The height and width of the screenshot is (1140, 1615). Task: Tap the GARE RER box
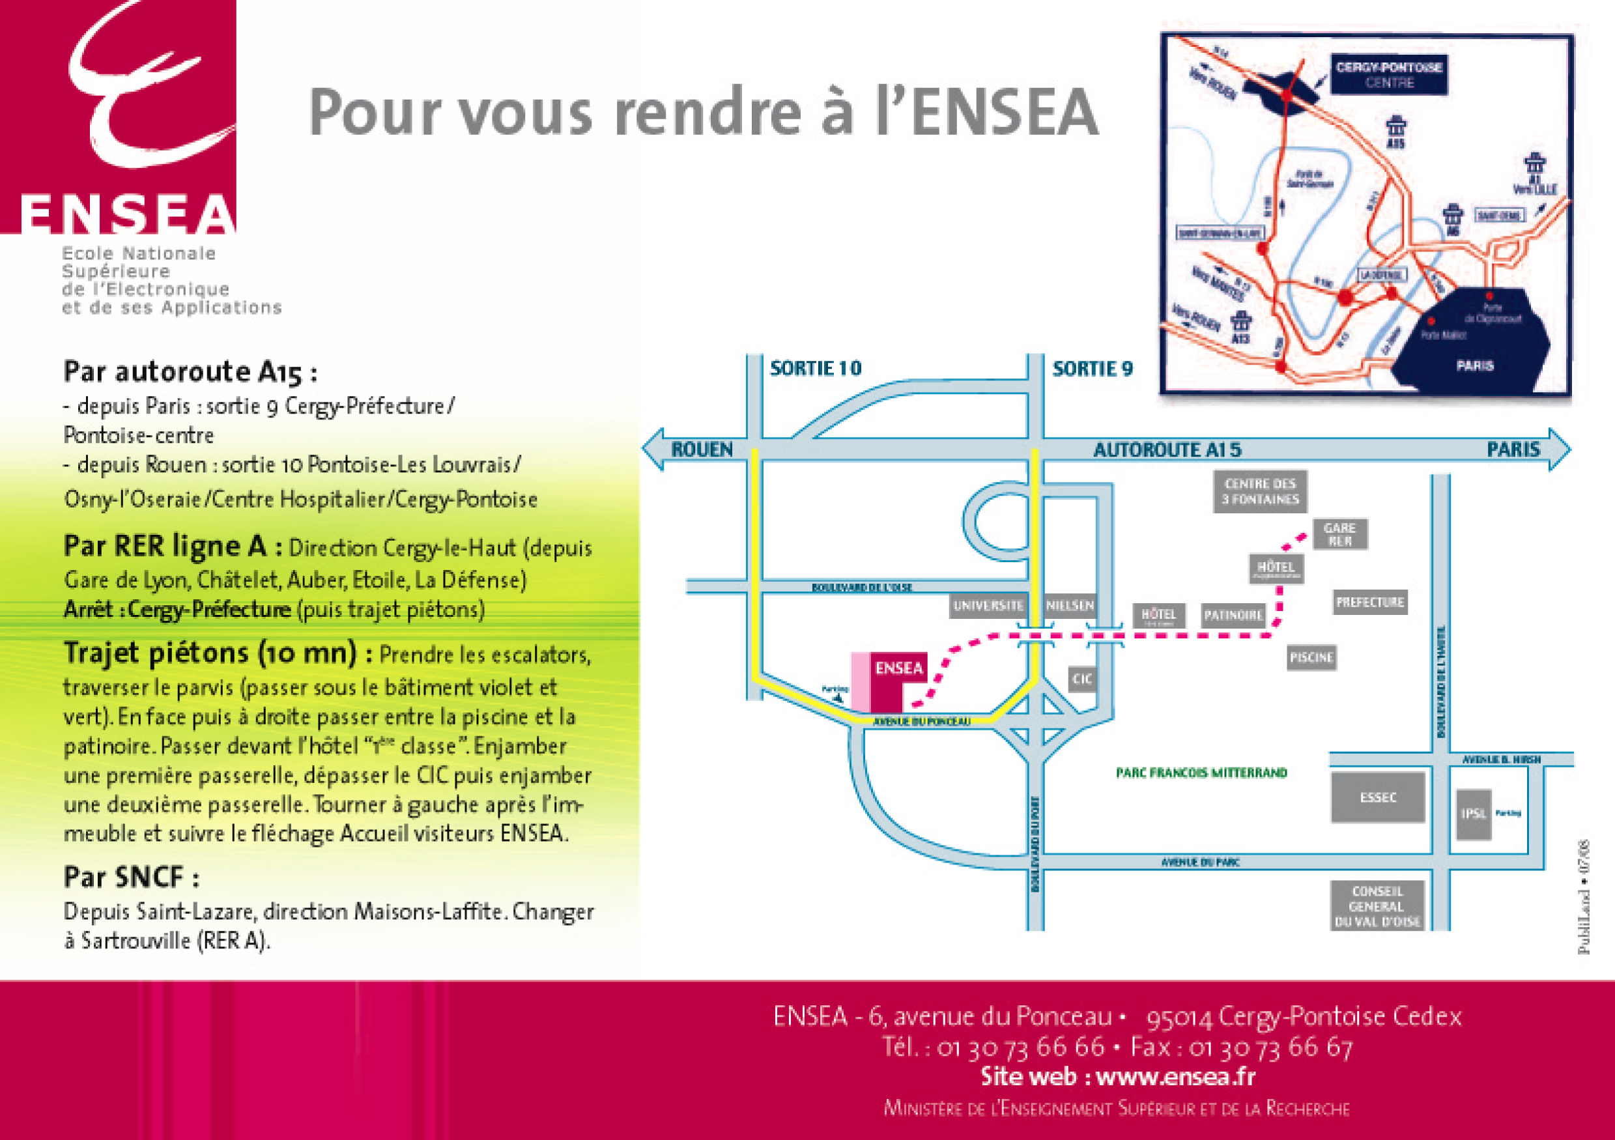coord(1339,534)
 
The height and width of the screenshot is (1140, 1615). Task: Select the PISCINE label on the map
coord(1311,657)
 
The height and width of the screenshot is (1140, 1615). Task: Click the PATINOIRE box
coord(1233,616)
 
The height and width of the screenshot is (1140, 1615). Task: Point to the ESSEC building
coord(1377,797)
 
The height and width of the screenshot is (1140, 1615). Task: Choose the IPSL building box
coord(1474,814)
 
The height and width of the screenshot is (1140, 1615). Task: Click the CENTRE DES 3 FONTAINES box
coord(1260,492)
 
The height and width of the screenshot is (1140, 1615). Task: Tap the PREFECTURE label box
coord(1369,602)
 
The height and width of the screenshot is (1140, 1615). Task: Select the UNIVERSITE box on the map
coord(988,606)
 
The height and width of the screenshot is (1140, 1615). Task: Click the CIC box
coord(1082,679)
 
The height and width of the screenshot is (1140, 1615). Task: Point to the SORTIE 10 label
coord(815,369)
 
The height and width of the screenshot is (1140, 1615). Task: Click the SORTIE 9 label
coord(1093,369)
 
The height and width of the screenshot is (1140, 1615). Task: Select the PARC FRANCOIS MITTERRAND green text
coord(1201,773)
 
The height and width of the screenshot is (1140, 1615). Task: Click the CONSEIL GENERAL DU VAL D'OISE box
coord(1377,905)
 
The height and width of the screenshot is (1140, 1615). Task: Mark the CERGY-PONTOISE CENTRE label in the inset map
coord(1388,74)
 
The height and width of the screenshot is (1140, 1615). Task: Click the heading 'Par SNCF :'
coord(132,877)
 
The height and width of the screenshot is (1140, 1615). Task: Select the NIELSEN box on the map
coord(1069,606)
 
